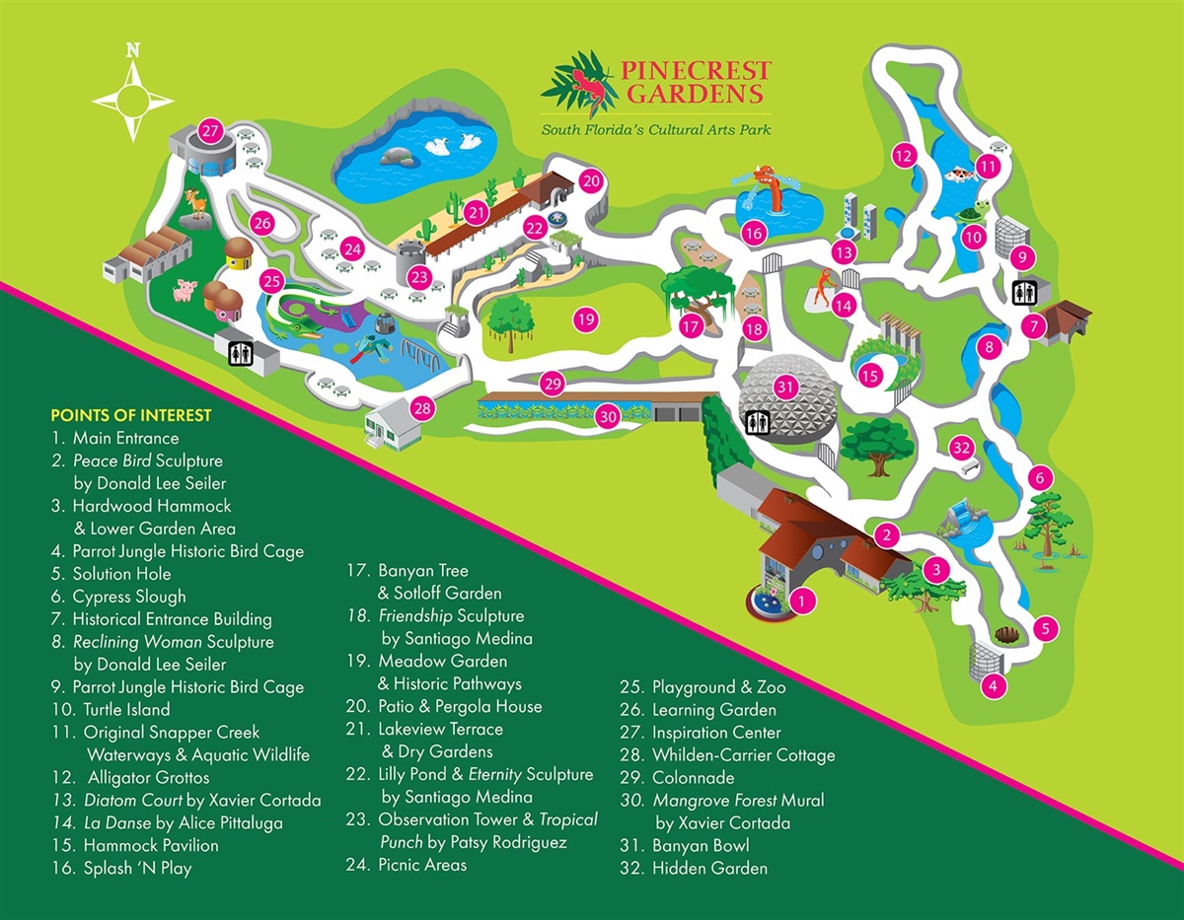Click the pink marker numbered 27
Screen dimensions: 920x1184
(209, 131)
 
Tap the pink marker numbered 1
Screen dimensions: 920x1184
(804, 600)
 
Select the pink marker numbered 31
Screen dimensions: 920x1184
(785, 387)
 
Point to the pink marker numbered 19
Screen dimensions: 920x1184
(586, 319)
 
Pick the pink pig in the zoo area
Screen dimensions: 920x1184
(185, 291)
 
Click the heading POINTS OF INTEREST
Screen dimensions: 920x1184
(130, 414)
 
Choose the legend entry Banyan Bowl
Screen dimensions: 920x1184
(700, 845)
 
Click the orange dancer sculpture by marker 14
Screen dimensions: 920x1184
(821, 289)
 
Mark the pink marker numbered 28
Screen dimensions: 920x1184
(422, 408)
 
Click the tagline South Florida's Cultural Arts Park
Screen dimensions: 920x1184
(656, 130)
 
